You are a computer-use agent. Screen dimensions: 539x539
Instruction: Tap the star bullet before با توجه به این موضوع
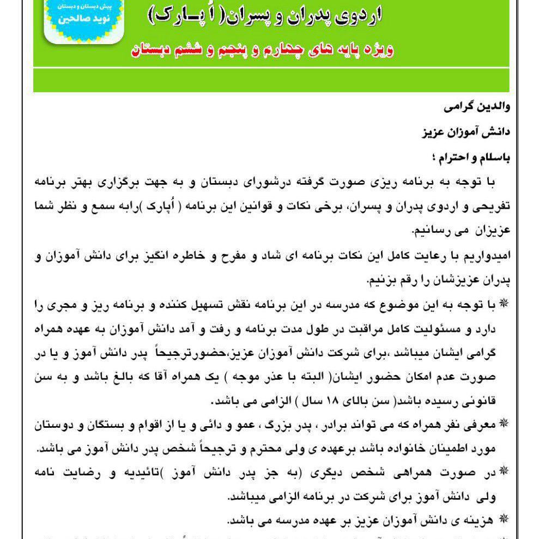coord(503,303)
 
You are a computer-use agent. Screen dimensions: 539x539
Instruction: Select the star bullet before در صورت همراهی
coord(503,468)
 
